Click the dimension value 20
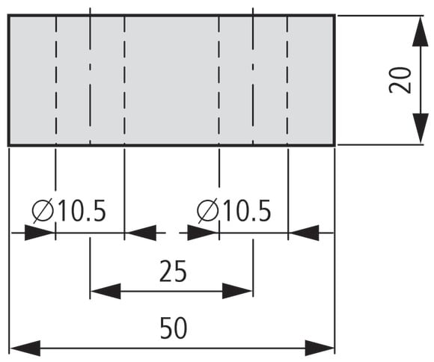pos(400,80)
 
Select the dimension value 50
pos(174,328)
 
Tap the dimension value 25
pos(174,271)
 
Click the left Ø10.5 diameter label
pos(69,211)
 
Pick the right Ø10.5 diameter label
pos(234,211)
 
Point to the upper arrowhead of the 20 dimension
pos(421,31)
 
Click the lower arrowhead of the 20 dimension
pos(421,129)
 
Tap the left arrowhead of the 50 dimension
pos(25,348)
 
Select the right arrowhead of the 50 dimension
pos(320,348)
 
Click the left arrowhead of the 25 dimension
pos(106,291)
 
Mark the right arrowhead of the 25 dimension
pos(237,291)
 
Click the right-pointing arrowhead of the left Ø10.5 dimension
pos(40,233)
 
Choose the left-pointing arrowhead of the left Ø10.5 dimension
pos(141,233)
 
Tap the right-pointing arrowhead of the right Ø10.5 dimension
pos(203,233)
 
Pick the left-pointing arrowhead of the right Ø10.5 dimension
pos(305,233)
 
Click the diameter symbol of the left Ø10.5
pos(43,211)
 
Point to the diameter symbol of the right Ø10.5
pos(207,211)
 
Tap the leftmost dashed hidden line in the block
pos(56,80)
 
